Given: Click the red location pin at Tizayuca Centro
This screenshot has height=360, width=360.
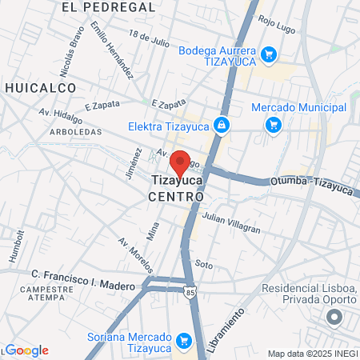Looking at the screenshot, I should (181, 163).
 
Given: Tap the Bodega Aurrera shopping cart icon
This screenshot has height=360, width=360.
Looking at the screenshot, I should (270, 54).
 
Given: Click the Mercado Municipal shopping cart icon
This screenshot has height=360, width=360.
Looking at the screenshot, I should (274, 125).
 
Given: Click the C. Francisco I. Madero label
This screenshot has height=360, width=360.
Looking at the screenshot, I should (80, 274).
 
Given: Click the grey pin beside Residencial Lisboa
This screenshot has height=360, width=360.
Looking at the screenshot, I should (330, 318).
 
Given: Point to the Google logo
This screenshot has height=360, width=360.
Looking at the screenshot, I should (26, 350).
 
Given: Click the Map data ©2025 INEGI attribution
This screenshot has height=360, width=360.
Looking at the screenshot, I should (313, 354).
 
